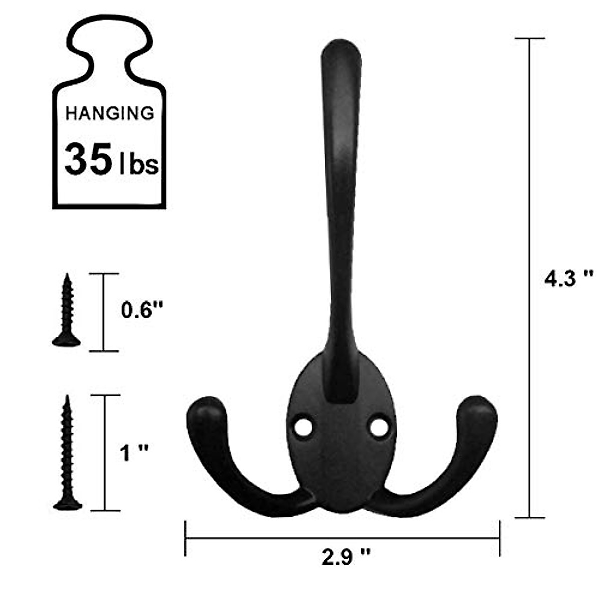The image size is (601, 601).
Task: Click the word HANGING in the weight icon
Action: [x=110, y=113]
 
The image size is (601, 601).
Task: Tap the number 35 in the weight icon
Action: [x=88, y=159]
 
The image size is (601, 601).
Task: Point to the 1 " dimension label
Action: [x=135, y=454]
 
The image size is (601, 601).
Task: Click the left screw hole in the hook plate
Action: [x=303, y=427]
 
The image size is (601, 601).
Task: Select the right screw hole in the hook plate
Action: [x=379, y=427]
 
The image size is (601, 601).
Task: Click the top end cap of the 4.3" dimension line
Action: [x=530, y=38]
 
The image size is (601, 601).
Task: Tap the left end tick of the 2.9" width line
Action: [x=186, y=538]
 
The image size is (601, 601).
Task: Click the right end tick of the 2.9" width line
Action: [x=500, y=538]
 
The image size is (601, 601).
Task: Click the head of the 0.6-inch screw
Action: [x=66, y=341]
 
